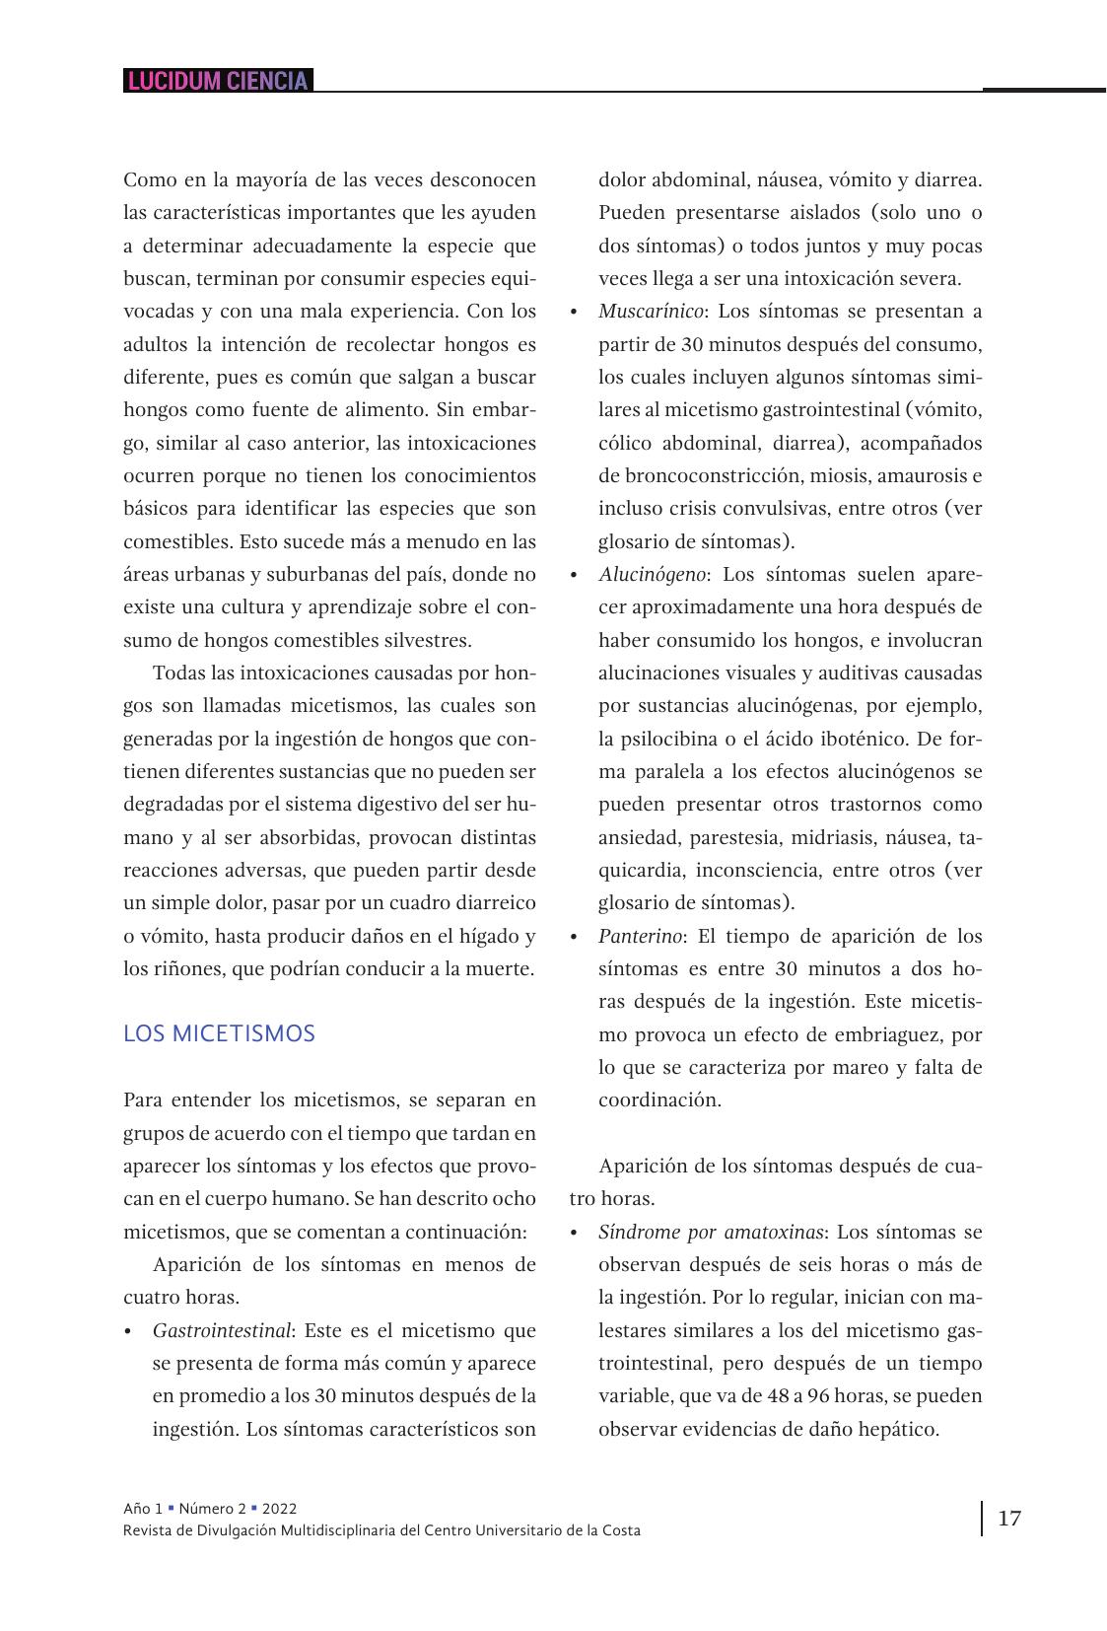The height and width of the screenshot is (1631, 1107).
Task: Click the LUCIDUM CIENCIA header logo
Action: [218, 81]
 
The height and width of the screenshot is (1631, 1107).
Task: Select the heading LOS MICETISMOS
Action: [219, 1034]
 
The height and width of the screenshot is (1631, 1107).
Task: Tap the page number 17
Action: [1009, 1518]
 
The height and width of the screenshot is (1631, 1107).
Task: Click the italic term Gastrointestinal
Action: [221, 1330]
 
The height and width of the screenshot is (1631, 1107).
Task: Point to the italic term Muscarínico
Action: [651, 312]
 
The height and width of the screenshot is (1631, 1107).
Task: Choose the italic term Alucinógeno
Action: [652, 574]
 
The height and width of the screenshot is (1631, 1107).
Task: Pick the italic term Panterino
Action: [640, 936]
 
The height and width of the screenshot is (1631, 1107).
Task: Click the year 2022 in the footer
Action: [280, 1509]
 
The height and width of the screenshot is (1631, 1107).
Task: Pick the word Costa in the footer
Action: [620, 1530]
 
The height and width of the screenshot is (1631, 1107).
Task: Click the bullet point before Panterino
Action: [574, 937]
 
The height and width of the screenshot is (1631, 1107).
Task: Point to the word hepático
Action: [898, 1429]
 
